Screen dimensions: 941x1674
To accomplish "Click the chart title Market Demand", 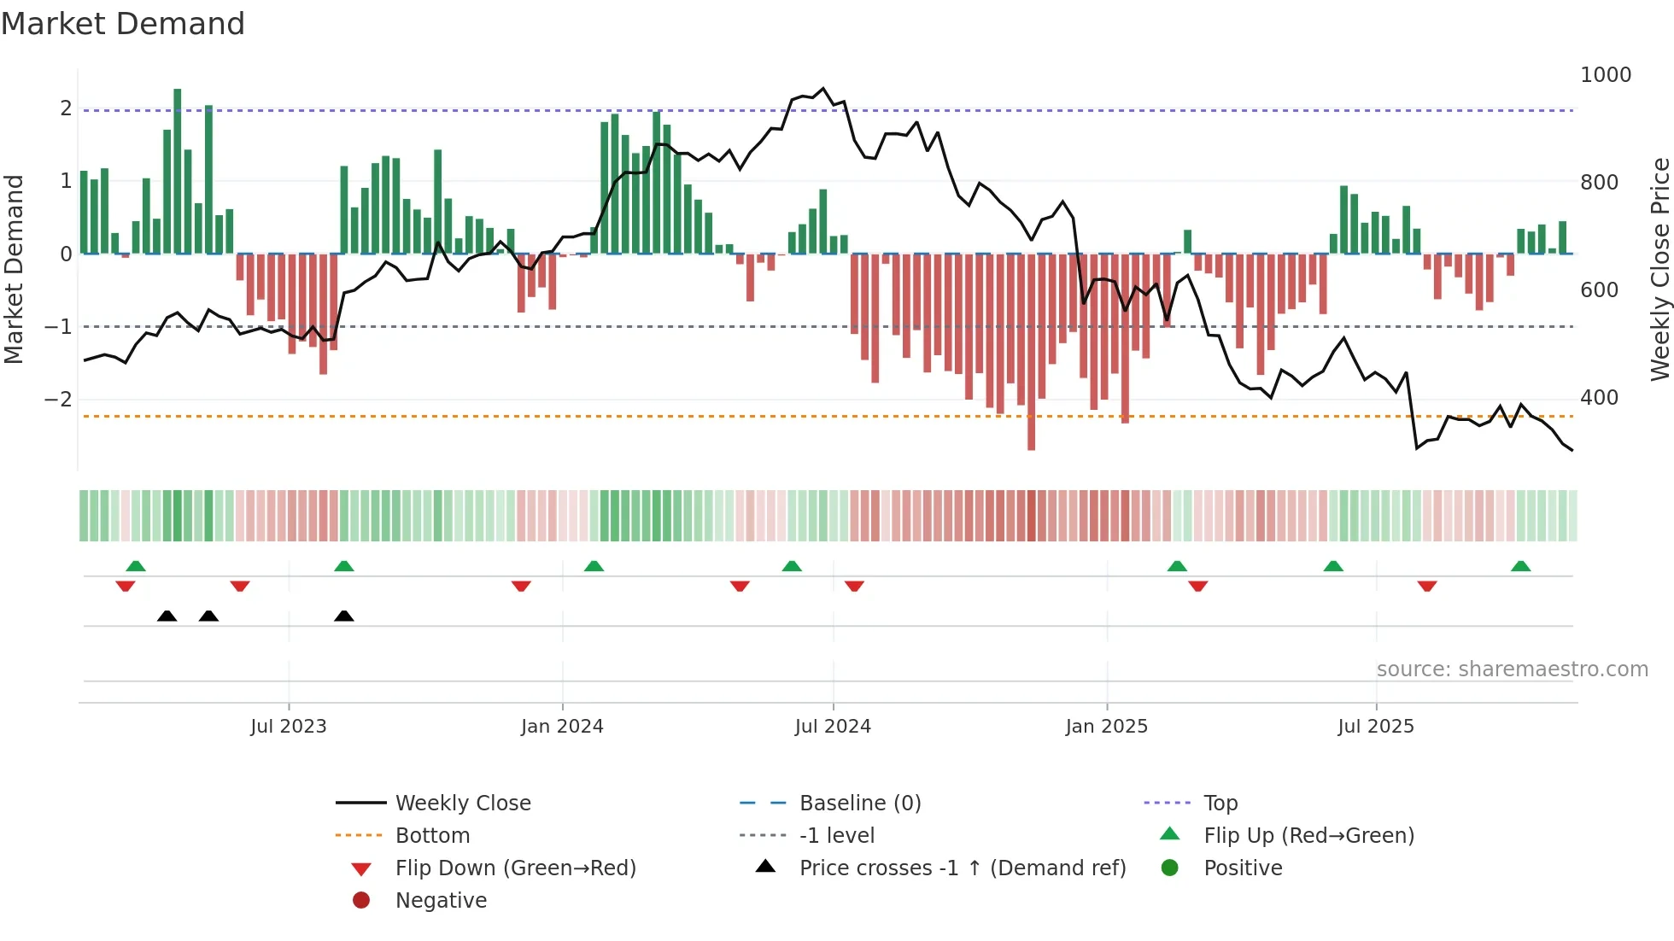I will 123,24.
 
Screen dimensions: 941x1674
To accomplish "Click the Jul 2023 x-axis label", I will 288,727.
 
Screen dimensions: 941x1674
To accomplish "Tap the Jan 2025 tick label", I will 1106,727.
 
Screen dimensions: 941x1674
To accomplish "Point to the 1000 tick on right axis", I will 1605,75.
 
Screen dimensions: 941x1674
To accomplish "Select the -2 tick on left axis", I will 58,400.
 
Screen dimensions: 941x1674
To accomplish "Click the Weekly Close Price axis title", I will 1659,269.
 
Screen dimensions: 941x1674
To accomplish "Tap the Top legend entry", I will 1220,804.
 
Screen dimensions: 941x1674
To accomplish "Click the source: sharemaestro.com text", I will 1512,669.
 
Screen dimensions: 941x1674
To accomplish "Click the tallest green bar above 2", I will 178,171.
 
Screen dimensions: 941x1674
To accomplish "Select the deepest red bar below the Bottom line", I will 1031,435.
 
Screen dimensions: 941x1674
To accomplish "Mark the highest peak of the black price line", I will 823,88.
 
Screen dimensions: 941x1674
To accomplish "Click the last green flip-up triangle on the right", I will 1520,566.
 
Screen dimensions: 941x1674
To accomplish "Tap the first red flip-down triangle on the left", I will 126,586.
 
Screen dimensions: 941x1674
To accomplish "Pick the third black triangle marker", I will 344,616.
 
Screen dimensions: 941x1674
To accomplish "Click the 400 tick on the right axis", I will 1599,398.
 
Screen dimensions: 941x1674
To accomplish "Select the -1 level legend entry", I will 836,836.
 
